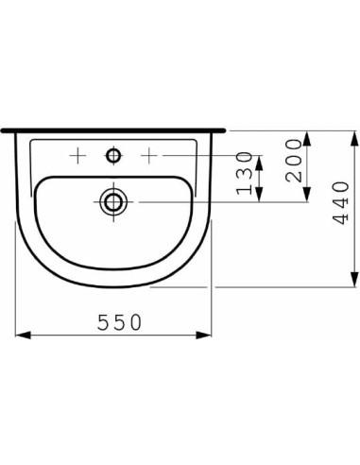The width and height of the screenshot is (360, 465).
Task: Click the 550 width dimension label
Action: click(119, 321)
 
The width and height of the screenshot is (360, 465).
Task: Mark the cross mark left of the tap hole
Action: click(79, 152)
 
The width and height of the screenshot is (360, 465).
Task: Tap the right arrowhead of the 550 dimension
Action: click(206, 333)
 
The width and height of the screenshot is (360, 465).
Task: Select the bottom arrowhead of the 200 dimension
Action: click(306, 195)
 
